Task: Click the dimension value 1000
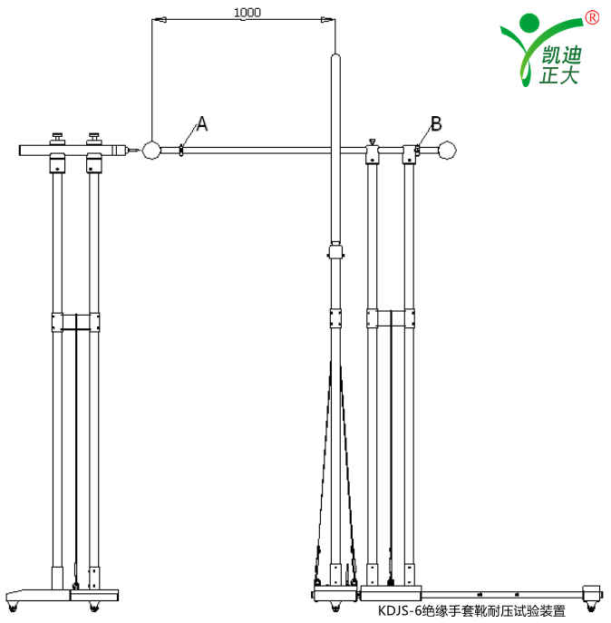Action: pos(247,13)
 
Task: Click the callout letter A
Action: pos(202,124)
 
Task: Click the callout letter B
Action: pos(436,123)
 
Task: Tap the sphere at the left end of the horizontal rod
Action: pos(150,150)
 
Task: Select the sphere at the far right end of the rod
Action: pos(446,150)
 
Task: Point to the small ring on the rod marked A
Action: pos(182,150)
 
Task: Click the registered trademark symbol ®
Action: pos(592,16)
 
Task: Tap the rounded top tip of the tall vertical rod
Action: pos(335,59)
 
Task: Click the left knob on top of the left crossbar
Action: pos(58,138)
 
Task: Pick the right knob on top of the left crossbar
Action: pos(94,138)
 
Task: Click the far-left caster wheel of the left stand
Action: pos(13,603)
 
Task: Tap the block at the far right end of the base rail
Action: pos(594,592)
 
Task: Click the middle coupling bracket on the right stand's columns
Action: pos(391,319)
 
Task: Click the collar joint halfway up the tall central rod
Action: pos(336,251)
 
